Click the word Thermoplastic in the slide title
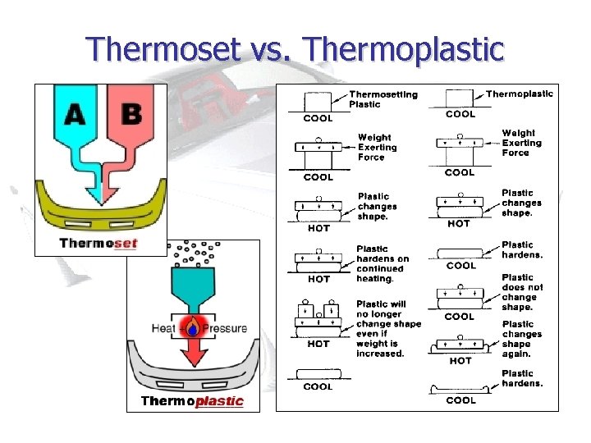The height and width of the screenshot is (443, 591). [403, 49]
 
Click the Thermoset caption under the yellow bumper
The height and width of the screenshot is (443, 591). [98, 243]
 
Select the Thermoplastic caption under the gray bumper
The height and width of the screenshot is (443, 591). [192, 401]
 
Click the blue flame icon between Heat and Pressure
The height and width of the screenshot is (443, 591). [192, 329]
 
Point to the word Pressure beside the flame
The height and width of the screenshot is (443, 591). [224, 329]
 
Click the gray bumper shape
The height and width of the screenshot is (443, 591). [192, 372]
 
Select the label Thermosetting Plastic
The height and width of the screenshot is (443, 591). [383, 99]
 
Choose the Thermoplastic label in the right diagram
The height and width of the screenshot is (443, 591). [519, 94]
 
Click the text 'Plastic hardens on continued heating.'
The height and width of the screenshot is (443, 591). [379, 263]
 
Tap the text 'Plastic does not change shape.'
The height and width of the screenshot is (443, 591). [522, 292]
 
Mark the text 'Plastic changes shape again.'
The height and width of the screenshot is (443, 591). [522, 339]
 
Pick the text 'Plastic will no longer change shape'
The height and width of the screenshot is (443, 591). [388, 314]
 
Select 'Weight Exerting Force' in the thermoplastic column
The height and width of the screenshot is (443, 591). [518, 142]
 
